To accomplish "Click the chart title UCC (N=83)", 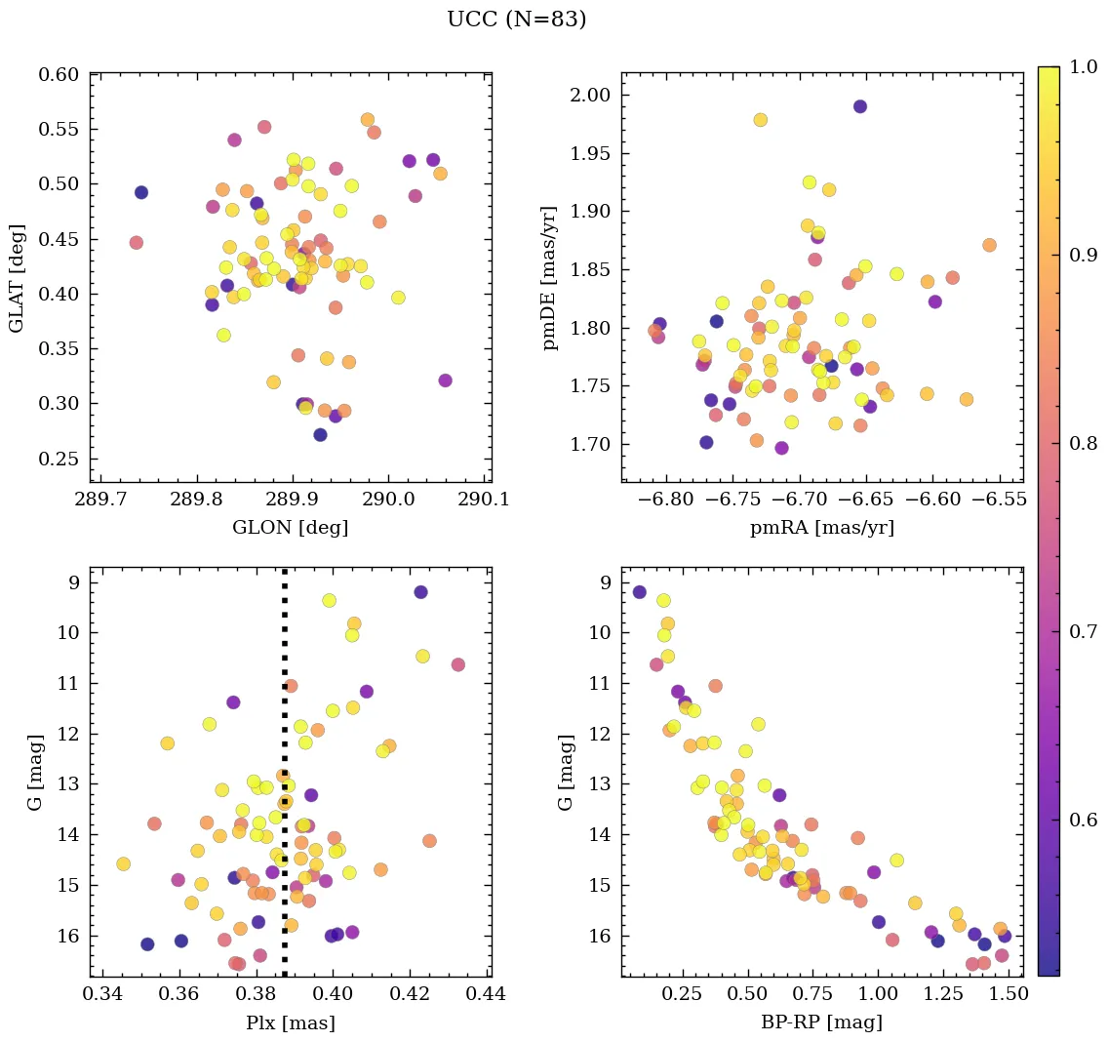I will tap(516, 20).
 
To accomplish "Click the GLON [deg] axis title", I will tap(290, 528).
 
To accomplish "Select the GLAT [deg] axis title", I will tap(17, 277).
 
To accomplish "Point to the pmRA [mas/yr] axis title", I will tap(821, 528).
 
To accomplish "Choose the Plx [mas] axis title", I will tap(290, 1022).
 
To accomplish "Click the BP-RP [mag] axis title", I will tap(821, 1022).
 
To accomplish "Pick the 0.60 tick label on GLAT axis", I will tap(59, 75).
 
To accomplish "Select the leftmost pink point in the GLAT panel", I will tap(136, 243).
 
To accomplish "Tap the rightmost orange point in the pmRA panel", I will tap(989, 245).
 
